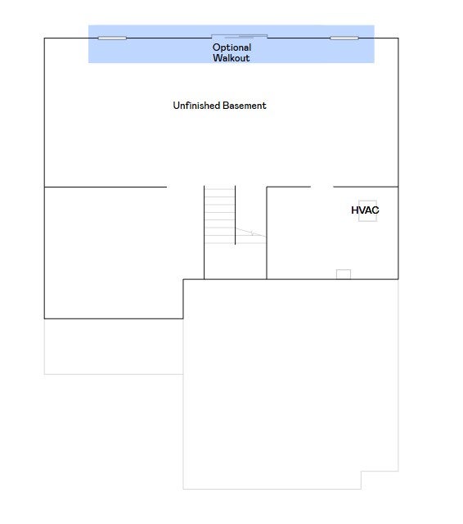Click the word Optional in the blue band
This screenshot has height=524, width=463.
point(231,47)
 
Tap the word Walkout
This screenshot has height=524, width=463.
point(231,58)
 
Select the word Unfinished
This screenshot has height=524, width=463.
point(196,106)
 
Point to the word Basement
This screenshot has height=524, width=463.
point(245,106)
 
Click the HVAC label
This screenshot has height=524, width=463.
point(365,210)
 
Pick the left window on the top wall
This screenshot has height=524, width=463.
point(112,38)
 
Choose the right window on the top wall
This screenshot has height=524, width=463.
point(344,38)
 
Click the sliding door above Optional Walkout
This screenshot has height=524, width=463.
point(240,36)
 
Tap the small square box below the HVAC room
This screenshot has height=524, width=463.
point(344,274)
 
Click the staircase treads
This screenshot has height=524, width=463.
point(220,216)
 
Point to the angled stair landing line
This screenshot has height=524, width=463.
point(250,233)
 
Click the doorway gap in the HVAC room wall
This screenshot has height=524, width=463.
point(321,187)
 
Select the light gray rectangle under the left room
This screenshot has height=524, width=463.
point(114,346)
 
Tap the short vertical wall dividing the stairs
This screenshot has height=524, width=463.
point(236,215)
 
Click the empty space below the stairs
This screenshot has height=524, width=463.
point(236,262)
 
